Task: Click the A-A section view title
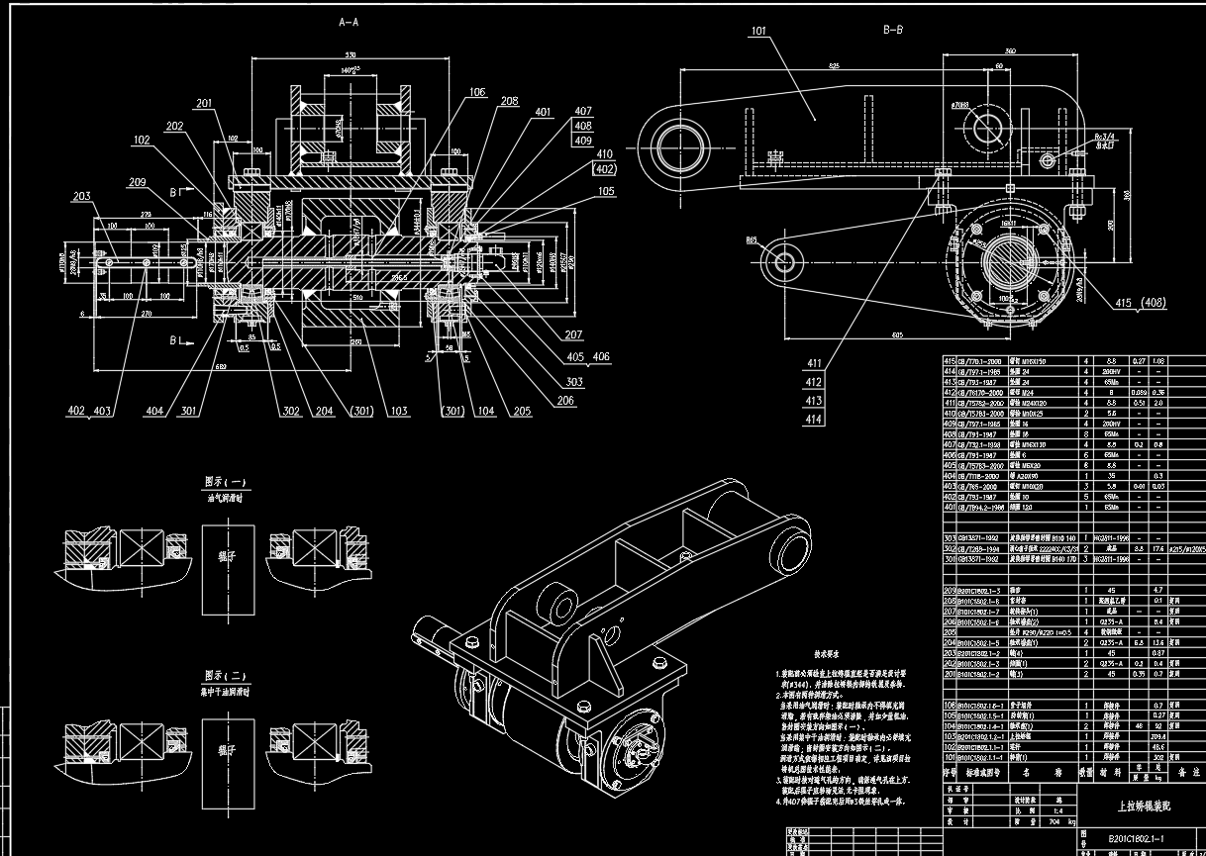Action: coord(348,21)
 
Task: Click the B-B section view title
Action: coord(892,31)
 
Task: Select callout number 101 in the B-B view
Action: coord(758,32)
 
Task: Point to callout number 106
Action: coord(478,92)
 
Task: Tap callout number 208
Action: coord(509,101)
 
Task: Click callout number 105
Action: coord(606,191)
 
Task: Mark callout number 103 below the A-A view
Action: coord(398,410)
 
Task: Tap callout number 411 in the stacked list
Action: coord(814,363)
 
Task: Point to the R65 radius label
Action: coord(752,239)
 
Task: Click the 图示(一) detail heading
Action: coord(226,482)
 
